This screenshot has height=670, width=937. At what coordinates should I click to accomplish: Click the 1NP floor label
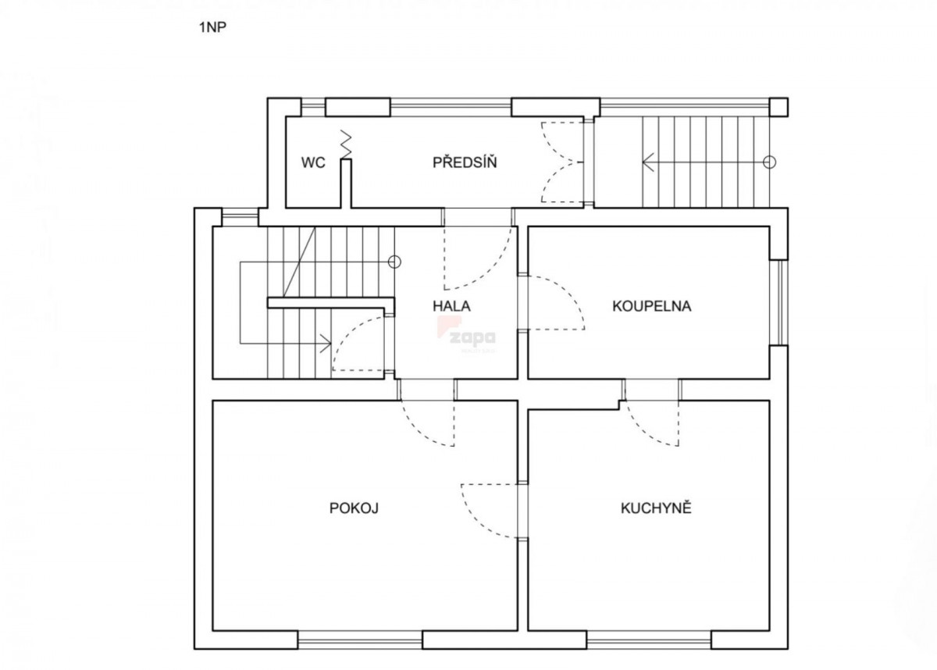point(213,27)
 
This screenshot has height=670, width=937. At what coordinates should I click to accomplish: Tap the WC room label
point(313,162)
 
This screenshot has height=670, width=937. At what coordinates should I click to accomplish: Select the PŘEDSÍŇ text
point(465,162)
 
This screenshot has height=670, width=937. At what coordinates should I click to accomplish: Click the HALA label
point(451,306)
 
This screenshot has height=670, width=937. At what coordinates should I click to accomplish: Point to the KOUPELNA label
point(652,306)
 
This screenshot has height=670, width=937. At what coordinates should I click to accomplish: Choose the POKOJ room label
point(354,508)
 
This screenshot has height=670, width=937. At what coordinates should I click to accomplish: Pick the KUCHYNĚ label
point(656,508)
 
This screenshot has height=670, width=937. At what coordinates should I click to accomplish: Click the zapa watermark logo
point(467,334)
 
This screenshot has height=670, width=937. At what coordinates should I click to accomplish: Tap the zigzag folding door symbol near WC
point(347,144)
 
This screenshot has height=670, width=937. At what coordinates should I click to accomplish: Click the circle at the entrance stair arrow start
point(770,162)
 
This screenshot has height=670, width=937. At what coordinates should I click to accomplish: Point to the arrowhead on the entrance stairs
point(647,162)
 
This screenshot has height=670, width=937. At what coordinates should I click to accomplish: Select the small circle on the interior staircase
point(394,262)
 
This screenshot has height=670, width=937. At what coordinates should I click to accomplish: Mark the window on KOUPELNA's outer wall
point(779,303)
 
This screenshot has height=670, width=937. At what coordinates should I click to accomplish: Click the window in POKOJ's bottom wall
point(360,640)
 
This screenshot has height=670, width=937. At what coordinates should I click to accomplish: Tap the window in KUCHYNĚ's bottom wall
point(649,640)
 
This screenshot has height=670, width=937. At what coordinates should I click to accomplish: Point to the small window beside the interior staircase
point(240,218)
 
